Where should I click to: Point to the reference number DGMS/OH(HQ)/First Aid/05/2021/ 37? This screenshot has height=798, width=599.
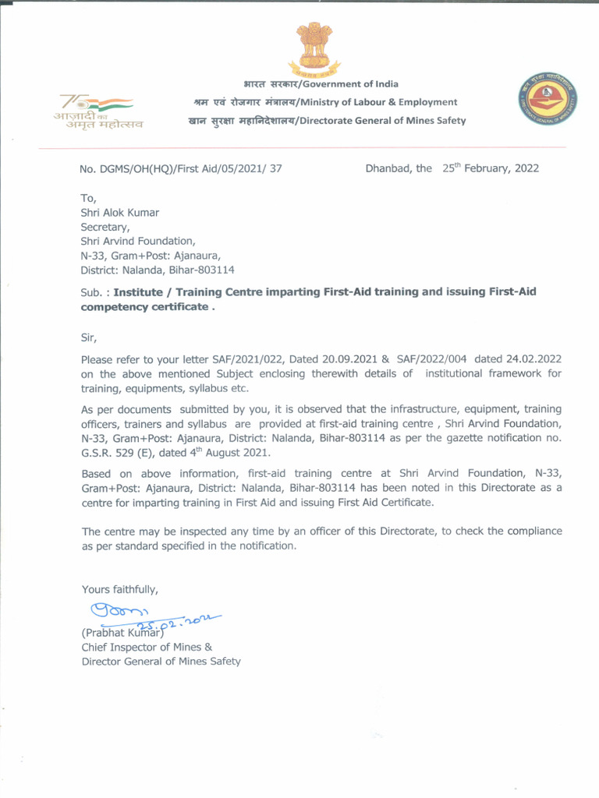tap(181, 168)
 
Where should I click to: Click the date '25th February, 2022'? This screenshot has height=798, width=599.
tap(491, 168)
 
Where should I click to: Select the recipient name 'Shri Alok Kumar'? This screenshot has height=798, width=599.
tap(120, 213)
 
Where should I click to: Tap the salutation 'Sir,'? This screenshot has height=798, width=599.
tap(90, 338)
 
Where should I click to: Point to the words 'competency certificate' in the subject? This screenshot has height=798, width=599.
tap(145, 307)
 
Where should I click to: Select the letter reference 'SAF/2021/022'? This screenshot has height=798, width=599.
tap(246, 359)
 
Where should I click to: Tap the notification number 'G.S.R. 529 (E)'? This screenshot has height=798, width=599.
tap(119, 453)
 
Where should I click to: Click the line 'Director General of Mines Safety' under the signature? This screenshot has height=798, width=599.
tap(161, 662)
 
